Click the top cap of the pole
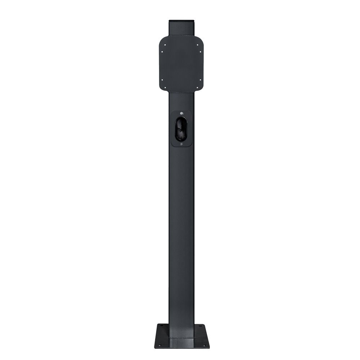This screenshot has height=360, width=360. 181,21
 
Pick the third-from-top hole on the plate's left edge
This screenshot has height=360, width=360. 162,80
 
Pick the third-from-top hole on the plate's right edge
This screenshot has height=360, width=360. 201,80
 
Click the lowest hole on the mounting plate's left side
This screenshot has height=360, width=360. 165,86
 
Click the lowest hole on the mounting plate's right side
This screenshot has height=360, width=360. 197,86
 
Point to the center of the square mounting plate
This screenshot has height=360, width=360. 181,64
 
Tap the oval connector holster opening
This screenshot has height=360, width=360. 181,129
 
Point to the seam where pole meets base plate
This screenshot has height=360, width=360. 181,338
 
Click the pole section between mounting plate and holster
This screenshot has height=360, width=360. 181,101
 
